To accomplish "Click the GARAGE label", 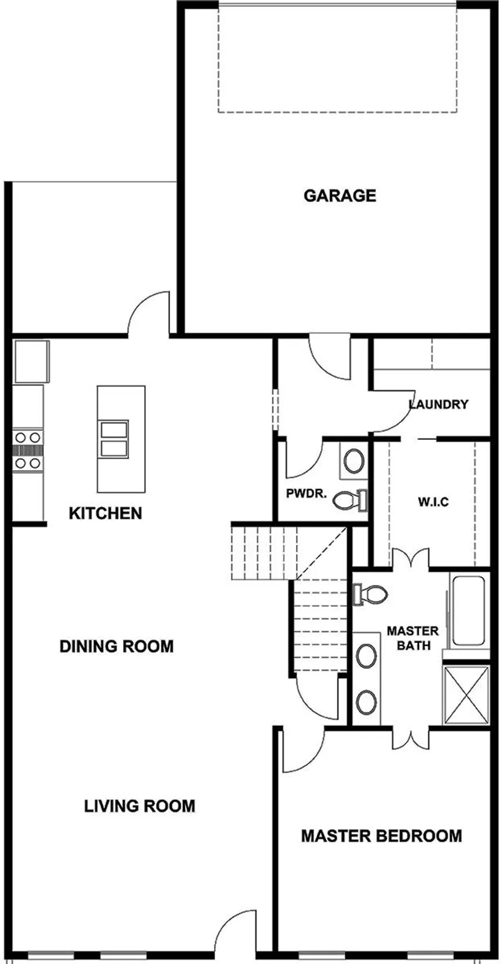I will pos(339,195).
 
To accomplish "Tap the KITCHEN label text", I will pos(105,513).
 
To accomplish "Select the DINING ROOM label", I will pos(117,646).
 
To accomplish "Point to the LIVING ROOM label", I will pos(139,806).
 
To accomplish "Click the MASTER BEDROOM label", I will pos(382,836).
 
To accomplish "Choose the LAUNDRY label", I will pos(438,404).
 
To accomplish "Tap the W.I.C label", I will pos(434,502).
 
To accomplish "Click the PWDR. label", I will pos(306,493).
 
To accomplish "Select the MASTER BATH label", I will pos(413,638).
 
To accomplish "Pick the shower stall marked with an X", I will pos(466,694).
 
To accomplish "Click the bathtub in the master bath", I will pos(469,611).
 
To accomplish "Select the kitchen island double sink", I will pos(114,439).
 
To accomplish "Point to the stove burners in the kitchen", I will pos(28,450).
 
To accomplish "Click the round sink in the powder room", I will pos(353,462).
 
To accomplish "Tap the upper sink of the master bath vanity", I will pos(367,656).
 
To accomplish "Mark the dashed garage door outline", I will pos(337,59).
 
